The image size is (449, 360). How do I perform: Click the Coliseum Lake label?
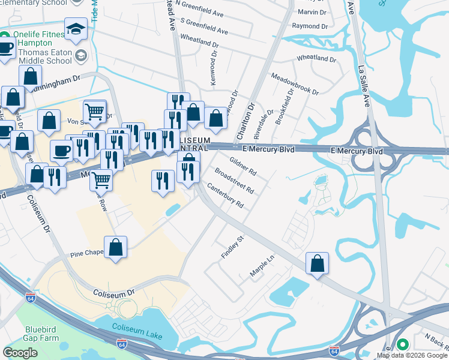point(138,328)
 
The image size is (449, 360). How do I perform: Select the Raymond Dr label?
point(310,26)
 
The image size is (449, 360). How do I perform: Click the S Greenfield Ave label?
point(203,26)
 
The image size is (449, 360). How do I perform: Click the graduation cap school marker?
point(76,28)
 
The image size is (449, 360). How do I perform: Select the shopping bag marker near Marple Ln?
point(317,263)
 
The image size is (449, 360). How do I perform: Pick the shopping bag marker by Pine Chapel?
point(115,247)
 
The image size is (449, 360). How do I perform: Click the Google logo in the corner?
point(20,353)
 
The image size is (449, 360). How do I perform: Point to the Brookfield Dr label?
point(285,107)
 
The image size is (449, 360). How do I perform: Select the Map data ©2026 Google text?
point(411,355)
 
